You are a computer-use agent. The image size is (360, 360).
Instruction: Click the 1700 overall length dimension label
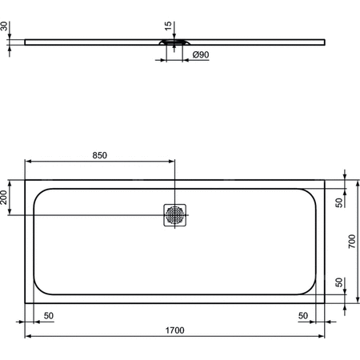(x=174, y=329)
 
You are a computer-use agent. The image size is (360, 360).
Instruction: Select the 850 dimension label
(x=99, y=155)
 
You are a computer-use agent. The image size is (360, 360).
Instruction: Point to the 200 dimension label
(x=6, y=198)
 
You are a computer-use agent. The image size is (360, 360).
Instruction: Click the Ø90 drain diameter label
(x=201, y=54)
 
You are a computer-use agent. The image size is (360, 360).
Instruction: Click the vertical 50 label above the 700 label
(x=339, y=203)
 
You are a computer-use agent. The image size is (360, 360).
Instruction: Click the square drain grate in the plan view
(x=174, y=214)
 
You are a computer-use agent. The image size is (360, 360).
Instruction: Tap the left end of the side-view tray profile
(x=26, y=41)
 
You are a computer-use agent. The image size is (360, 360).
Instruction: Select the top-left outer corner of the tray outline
(x=26, y=179)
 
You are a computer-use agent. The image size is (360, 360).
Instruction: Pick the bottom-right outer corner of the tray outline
(x=324, y=303)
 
